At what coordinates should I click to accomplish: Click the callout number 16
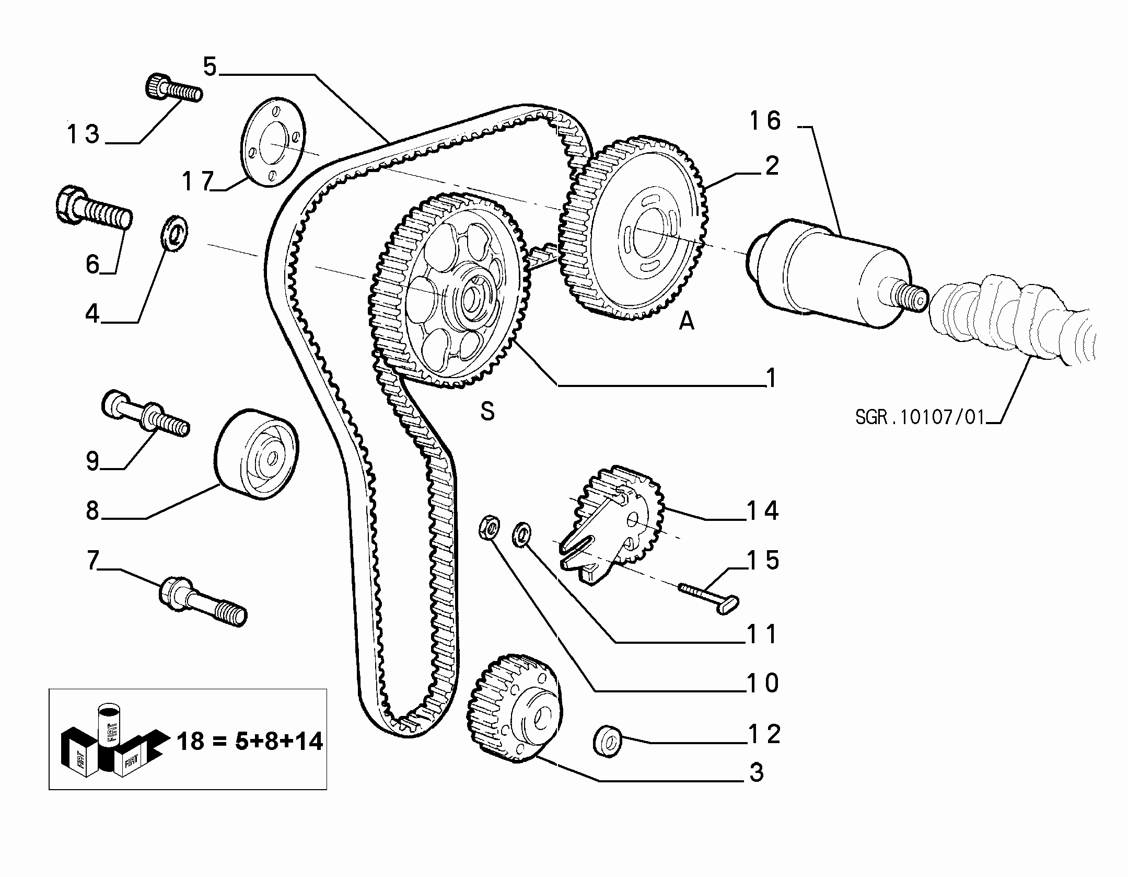tap(765, 121)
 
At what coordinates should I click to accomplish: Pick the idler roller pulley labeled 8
tap(257, 453)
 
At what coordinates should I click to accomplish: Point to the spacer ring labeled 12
tap(607, 740)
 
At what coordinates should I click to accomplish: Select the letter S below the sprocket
tap(487, 412)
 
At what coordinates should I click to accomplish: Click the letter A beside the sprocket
tap(687, 321)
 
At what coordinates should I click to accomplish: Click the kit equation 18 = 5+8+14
tap(250, 742)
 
